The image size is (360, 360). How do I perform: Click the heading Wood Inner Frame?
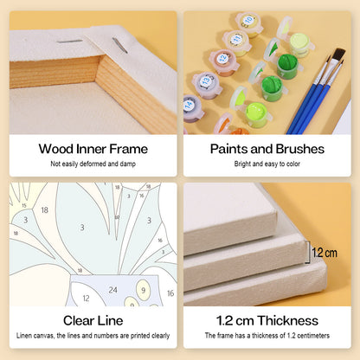click(93, 149)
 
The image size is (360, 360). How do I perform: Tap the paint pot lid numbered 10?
click(248, 21)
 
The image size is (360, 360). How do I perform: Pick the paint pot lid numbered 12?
click(222, 59)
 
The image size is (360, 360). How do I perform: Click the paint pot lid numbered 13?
click(205, 80)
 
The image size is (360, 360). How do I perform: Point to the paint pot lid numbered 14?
click(190, 104)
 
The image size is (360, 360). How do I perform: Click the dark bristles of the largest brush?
click(339, 55)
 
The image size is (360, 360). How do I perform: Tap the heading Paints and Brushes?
click(267, 149)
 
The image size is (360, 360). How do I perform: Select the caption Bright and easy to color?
click(267, 164)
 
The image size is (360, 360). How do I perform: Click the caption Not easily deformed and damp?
click(93, 164)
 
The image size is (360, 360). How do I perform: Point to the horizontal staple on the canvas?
click(70, 42)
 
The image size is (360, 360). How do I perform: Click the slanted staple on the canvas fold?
click(120, 45)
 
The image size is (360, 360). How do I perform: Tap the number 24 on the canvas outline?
click(112, 290)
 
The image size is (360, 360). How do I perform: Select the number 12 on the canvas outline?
click(86, 299)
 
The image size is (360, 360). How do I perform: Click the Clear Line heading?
click(93, 321)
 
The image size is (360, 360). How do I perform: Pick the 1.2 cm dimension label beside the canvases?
click(325, 253)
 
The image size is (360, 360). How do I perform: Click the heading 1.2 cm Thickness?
click(267, 321)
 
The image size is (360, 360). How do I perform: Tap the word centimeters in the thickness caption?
click(313, 336)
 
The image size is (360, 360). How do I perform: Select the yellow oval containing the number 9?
click(144, 290)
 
